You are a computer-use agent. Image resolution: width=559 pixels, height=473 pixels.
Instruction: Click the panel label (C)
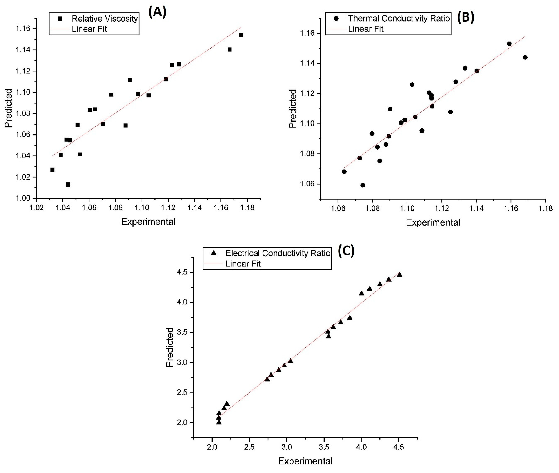(346, 251)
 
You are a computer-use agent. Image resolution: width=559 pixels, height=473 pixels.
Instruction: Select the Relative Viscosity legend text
(105, 18)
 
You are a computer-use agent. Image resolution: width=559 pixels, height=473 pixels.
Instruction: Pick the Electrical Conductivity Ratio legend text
(278, 253)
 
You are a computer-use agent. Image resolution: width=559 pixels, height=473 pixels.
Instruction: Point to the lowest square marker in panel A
(68, 184)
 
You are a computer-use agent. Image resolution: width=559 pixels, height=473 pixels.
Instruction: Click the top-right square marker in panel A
(241, 35)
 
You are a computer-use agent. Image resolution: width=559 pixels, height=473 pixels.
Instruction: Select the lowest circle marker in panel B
(363, 185)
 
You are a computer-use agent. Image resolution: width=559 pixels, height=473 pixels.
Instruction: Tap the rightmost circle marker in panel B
(525, 57)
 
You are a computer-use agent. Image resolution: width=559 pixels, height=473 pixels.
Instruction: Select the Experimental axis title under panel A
(148, 222)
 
